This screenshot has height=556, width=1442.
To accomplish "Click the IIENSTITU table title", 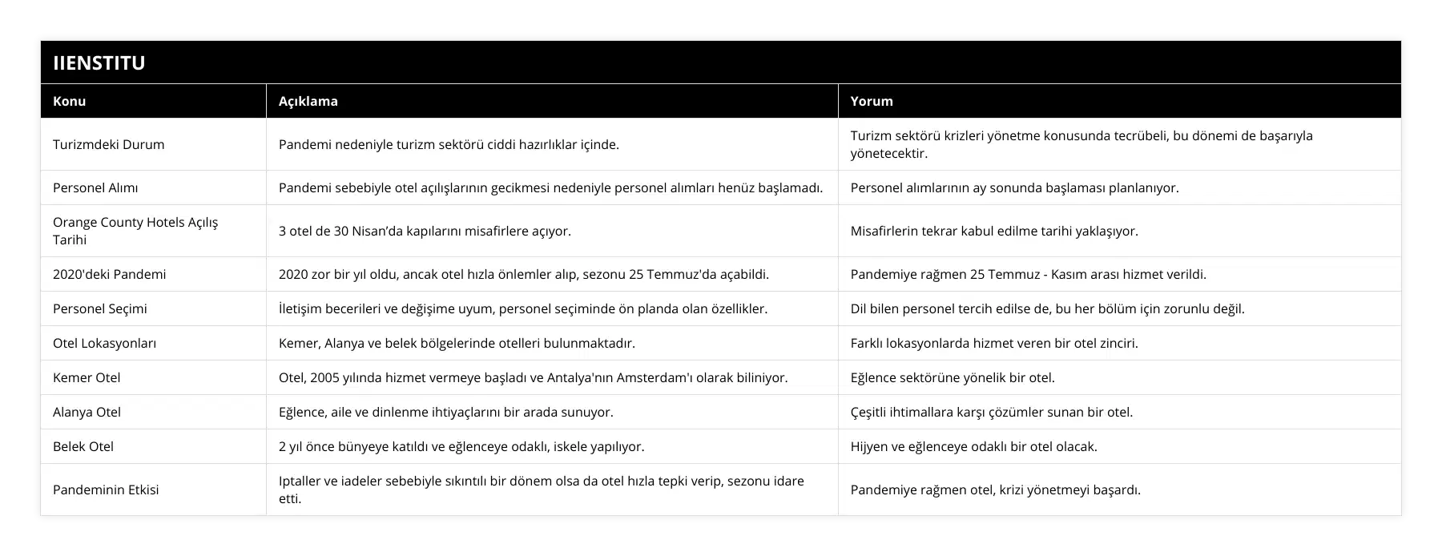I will coord(99,62).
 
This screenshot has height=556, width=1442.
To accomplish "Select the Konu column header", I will coord(70,101).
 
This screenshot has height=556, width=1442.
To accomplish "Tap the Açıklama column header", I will coord(308,101).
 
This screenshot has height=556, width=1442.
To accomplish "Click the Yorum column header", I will coord(872,101).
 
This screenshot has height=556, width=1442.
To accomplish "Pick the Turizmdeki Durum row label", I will coord(108,144).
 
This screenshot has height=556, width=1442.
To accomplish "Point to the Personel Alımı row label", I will coord(95,187).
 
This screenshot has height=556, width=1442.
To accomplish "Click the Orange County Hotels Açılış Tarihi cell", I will coord(135,231).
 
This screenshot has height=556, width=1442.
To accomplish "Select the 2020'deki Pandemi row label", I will coord(110,274).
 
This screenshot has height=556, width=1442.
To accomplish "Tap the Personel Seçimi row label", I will coord(100,308).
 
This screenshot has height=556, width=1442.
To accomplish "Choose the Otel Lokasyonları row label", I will coord(104,343).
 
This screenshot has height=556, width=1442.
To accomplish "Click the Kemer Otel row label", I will coord(87,377).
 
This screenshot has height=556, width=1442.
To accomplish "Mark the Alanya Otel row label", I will coord(87,412).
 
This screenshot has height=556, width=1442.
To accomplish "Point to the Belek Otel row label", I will coord(83,446).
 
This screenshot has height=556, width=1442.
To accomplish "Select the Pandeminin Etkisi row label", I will coord(106,490).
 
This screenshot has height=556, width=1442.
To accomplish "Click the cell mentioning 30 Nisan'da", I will coord(425,231).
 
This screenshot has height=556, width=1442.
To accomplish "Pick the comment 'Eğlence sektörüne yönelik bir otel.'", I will coord(953,377).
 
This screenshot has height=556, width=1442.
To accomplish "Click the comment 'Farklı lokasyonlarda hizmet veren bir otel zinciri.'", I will coord(994,343).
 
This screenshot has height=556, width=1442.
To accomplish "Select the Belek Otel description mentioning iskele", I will coord(461,446).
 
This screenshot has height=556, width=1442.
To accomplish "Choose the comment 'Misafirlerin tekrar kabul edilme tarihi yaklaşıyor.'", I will coord(994,231).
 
